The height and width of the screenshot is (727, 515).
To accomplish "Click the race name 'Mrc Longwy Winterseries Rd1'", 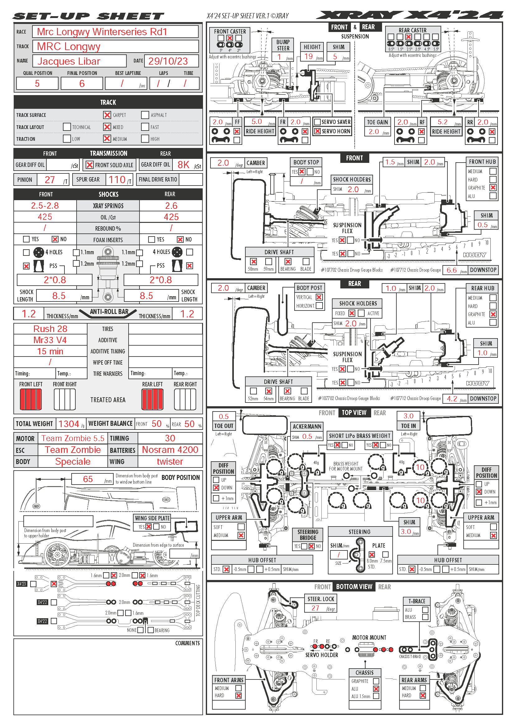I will click(102, 32).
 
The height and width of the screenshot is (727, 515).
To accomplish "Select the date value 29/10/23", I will click(168, 61).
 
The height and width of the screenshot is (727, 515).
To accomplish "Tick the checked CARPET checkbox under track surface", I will click(107, 115).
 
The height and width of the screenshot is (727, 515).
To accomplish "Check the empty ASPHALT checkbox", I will click(145, 115).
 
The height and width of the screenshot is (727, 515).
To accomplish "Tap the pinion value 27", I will click(50, 180).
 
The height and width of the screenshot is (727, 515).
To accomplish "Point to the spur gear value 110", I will click(117, 180).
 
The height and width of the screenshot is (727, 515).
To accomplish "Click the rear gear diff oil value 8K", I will click(183, 165).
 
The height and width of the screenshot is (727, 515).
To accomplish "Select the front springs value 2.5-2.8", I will click(45, 206).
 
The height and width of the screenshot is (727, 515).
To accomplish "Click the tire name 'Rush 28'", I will click(50, 329).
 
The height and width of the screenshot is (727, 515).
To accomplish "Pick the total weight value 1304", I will click(69, 424).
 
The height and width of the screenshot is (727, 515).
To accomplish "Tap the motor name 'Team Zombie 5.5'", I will click(73, 438).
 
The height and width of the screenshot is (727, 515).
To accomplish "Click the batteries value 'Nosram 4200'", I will click(170, 450).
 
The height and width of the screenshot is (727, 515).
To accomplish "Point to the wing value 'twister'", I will click(170, 462).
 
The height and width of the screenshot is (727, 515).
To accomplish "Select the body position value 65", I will click(88, 479).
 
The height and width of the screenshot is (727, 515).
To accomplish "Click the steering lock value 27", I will click(315, 608).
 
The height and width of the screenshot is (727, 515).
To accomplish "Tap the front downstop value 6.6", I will click(451, 270).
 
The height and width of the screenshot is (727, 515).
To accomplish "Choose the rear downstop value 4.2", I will click(452, 399).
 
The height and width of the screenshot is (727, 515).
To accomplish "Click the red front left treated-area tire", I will click(31, 399).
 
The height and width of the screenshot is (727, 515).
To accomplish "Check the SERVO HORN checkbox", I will click(317, 131).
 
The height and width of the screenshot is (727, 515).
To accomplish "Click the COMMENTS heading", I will click(187, 643).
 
